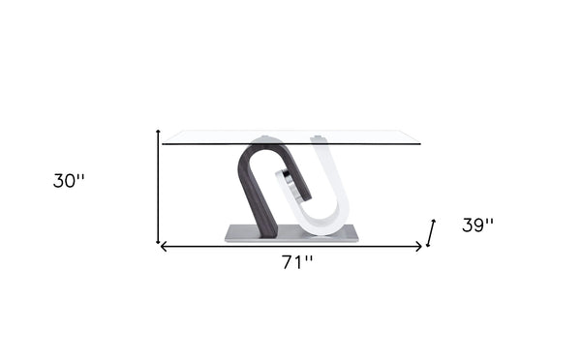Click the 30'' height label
click(69, 181)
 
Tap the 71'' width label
click(297, 262)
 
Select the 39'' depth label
click(477, 225)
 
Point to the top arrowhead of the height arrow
click(158, 132)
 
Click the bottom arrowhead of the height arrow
click(158, 241)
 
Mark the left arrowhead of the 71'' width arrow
click(163, 247)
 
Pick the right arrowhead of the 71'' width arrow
click(418, 247)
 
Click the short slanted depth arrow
click(431, 233)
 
